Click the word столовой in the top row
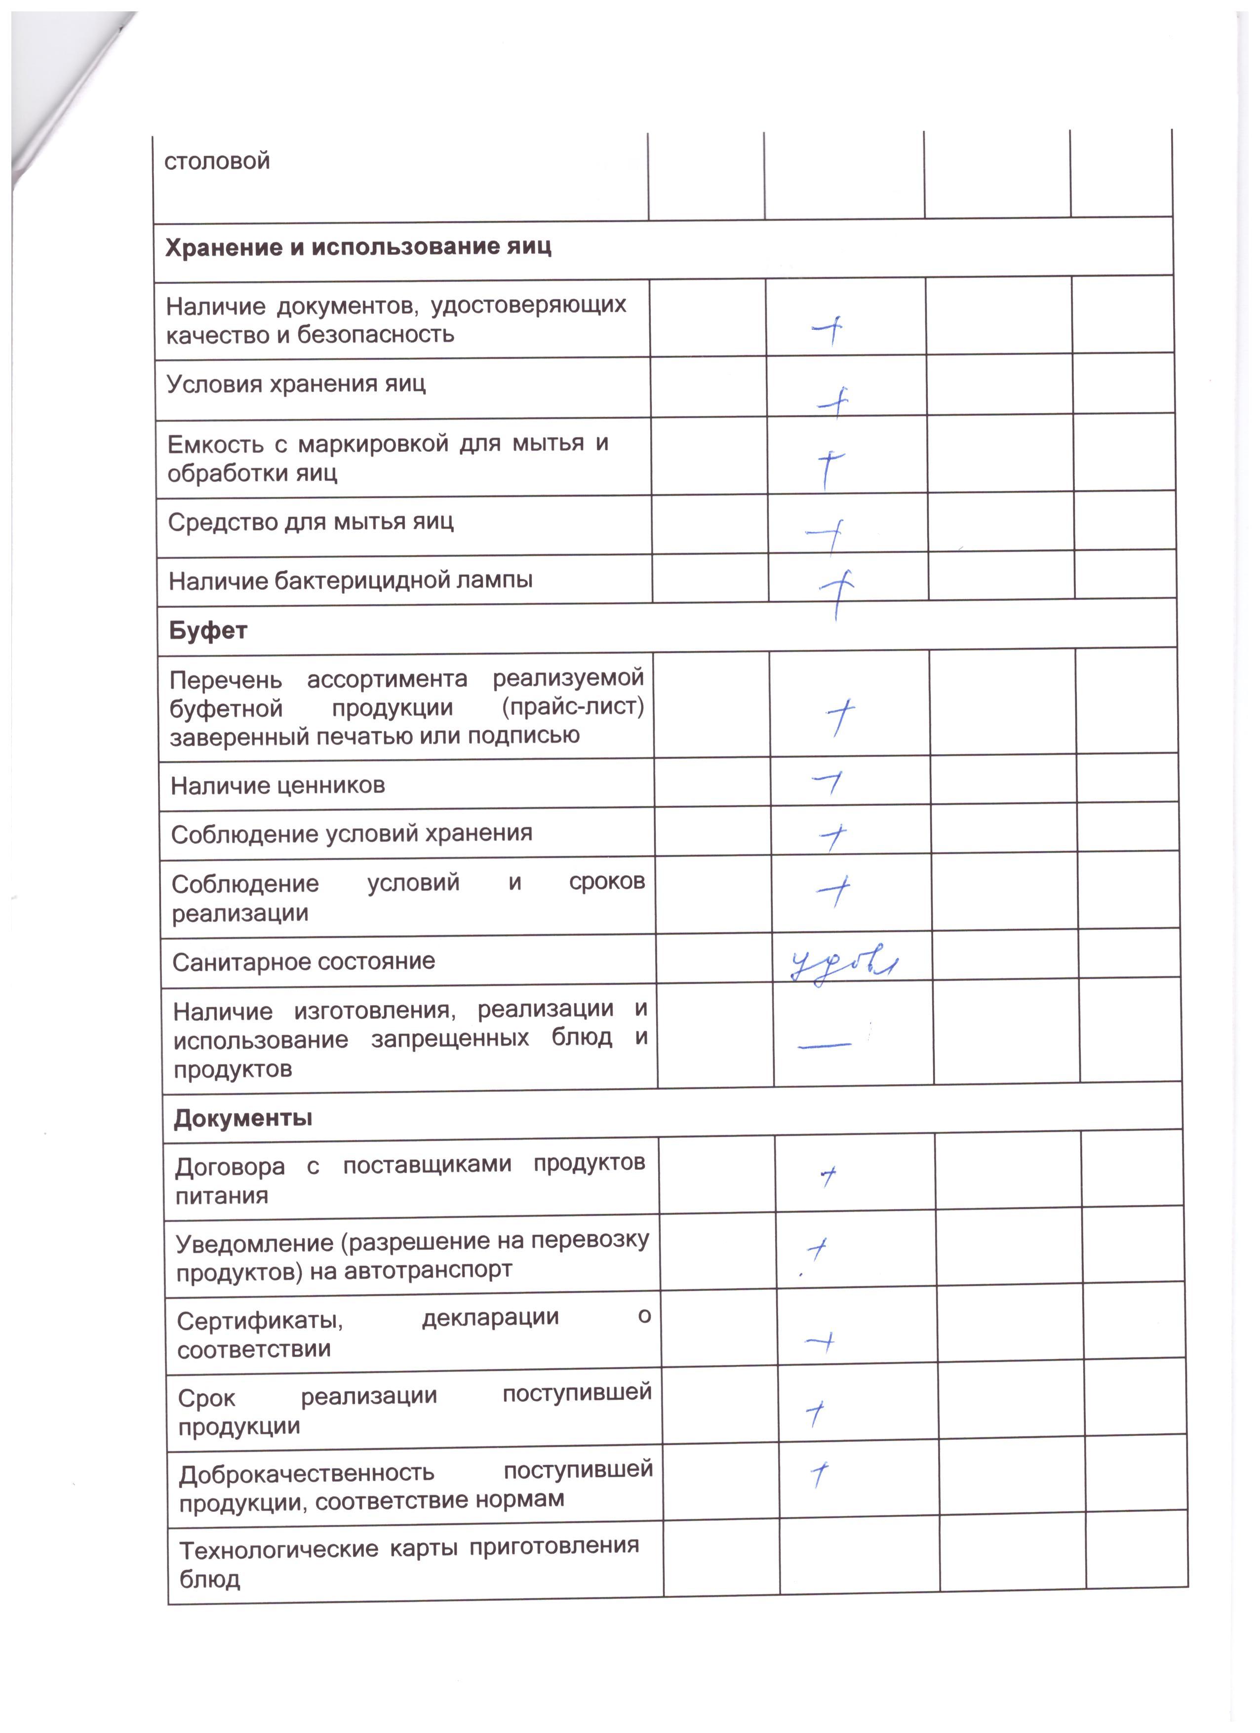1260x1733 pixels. tap(217, 161)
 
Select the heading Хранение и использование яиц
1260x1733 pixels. tap(357, 247)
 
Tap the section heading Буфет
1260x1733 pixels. tap(208, 631)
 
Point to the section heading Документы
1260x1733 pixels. tap(243, 1119)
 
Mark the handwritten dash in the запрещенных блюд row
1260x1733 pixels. tap(825, 1045)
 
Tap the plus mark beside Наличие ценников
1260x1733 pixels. tap(827, 783)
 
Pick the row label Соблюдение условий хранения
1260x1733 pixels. tap(352, 833)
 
